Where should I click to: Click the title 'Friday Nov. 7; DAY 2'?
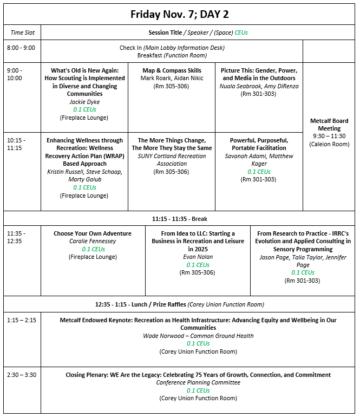(179, 15)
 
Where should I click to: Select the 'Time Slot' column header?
(21, 32)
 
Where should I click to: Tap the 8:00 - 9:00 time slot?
(21, 48)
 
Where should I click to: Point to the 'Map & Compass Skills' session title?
(172, 70)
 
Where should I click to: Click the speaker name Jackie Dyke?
(84, 101)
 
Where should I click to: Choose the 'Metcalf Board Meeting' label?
(329, 125)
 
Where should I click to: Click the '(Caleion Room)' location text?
(329, 144)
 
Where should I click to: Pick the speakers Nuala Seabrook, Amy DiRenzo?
(259, 86)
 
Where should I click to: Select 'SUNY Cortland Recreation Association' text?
(172, 160)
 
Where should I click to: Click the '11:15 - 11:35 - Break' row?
(179, 219)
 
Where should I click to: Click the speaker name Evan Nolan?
(198, 257)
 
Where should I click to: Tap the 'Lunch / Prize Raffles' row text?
(179, 304)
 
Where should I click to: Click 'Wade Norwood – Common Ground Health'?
(198, 336)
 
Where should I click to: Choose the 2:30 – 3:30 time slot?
(21, 375)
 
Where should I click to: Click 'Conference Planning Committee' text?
(198, 383)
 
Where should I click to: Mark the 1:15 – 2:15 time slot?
(21, 320)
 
